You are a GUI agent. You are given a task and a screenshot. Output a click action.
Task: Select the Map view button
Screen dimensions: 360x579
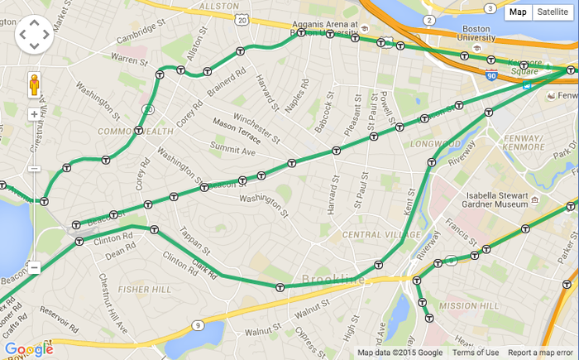[518, 12]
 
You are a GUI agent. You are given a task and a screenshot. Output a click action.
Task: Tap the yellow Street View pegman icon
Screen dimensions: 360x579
[34, 85]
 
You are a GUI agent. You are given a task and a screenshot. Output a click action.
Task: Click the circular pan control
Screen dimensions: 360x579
[34, 34]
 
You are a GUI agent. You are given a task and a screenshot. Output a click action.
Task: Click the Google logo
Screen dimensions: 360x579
[28, 349]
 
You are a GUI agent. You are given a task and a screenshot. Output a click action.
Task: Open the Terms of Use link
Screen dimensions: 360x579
[476, 353]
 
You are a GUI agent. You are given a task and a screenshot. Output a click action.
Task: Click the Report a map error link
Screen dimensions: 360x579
[541, 353]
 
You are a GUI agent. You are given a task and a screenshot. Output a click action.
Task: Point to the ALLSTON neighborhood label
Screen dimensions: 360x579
[219, 6]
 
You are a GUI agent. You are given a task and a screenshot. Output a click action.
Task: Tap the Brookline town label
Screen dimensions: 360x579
[333, 280]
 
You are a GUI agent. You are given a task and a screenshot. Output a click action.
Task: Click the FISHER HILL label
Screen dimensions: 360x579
[145, 290]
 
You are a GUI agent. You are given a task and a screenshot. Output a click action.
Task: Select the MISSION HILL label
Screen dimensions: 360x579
[469, 306]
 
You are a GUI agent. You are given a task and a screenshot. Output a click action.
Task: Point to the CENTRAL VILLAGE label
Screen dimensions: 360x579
[371, 235]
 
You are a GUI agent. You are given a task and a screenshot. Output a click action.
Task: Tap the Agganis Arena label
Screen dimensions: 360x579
[329, 25]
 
